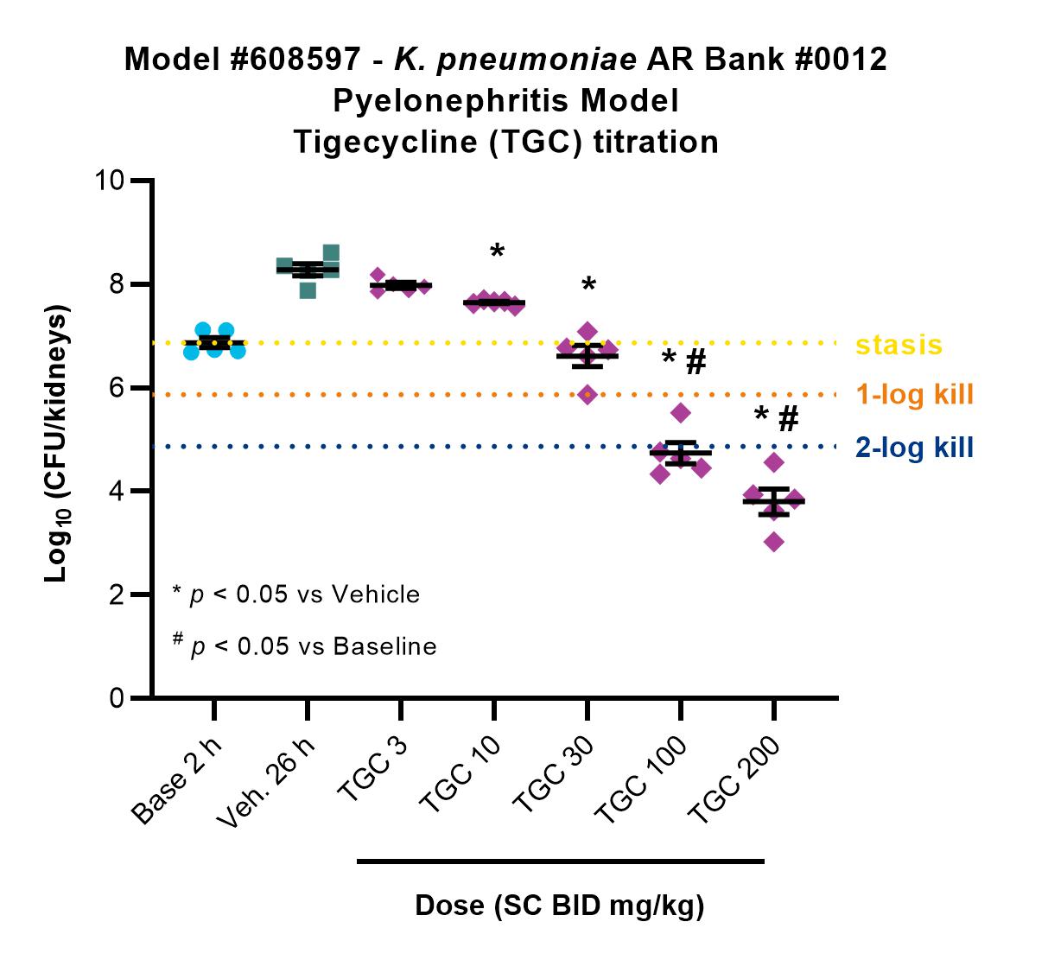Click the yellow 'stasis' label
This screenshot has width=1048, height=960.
[x=899, y=346]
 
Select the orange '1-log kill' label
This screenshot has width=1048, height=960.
[x=915, y=394]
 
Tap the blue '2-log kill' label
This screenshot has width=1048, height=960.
[x=914, y=448]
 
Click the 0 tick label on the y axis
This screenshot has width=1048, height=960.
[x=117, y=697]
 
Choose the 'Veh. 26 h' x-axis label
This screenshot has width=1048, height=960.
[x=265, y=781]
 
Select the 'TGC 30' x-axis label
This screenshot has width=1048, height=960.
[x=553, y=774]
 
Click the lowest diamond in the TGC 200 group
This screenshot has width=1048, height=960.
[x=774, y=542]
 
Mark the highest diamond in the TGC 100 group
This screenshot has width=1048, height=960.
[x=681, y=413]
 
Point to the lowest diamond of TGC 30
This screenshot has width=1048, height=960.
[x=588, y=395]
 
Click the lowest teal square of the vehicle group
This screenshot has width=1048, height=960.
[x=308, y=290]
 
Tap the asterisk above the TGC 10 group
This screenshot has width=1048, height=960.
[x=497, y=251]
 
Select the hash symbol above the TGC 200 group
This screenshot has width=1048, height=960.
[x=788, y=418]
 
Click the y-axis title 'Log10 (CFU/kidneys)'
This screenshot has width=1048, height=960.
[x=56, y=442]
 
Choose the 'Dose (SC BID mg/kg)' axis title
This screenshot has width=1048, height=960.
[x=560, y=906]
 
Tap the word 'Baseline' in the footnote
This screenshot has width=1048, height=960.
[x=384, y=646]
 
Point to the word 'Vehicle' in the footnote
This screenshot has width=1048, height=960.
[x=375, y=594]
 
